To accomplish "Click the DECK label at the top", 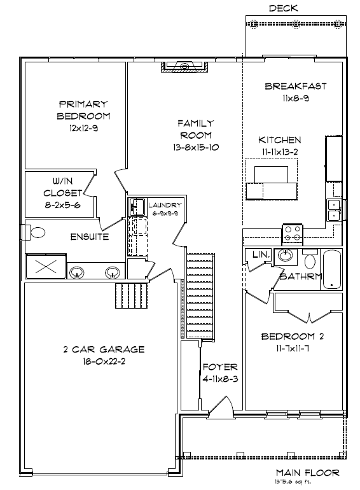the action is coord(283,8).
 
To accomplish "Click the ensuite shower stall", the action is coord(46,267).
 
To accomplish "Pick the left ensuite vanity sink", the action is coord(76,272).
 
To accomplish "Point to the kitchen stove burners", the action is coord(292,234).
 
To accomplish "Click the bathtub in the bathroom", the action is coord(332,269).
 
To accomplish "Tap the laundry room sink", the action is coord(137,207).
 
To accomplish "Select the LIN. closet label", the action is coord(261,255).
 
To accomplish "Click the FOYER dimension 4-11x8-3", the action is coord(221,379).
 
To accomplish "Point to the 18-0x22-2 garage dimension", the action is coord(104,361).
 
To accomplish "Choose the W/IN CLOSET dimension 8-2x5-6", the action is coord(62,206).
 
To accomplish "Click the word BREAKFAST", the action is coord(295,86).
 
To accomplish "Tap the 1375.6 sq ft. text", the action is coord(293,482).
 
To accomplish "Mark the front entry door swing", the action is coord(221,405).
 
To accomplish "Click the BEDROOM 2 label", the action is coord(292,336).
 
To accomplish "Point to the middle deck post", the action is coord(296,24).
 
